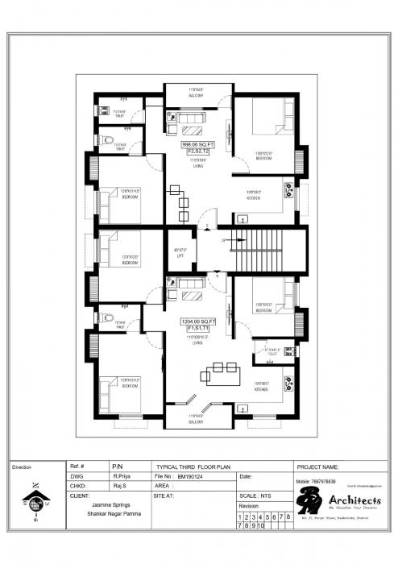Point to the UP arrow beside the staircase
click(224, 240)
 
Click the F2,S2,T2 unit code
click(197, 151)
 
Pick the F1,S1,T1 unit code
click(197, 329)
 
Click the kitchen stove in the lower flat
click(288, 380)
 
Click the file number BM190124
click(192, 476)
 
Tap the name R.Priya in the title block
click(122, 476)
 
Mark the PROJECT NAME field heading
click(323, 467)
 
